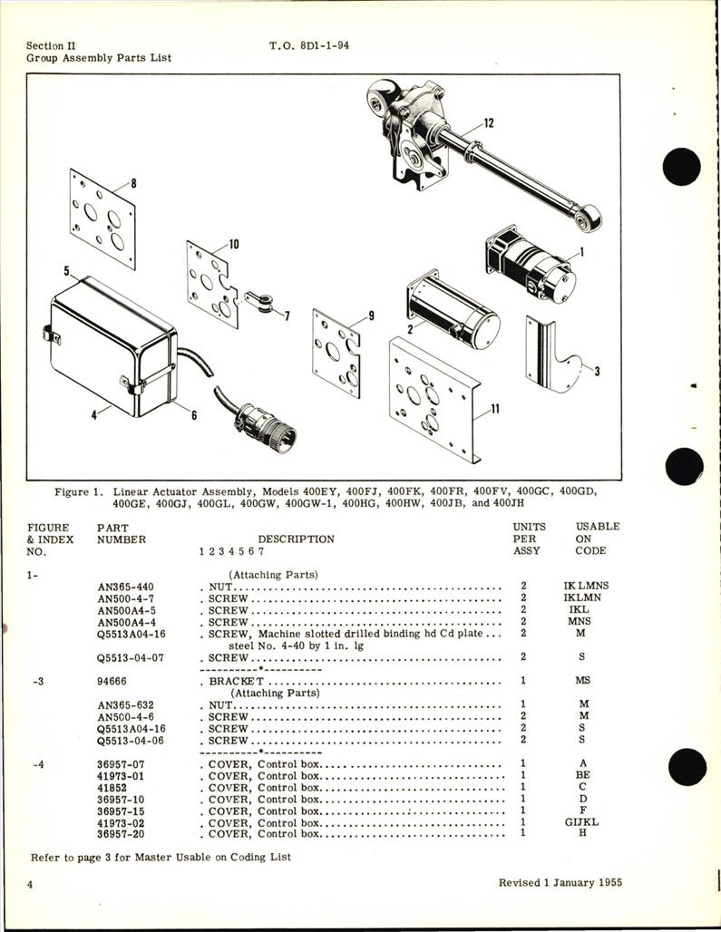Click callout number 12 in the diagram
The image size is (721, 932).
click(489, 124)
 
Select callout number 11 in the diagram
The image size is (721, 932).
click(495, 410)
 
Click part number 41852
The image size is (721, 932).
click(112, 787)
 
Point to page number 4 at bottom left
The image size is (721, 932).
click(32, 884)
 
